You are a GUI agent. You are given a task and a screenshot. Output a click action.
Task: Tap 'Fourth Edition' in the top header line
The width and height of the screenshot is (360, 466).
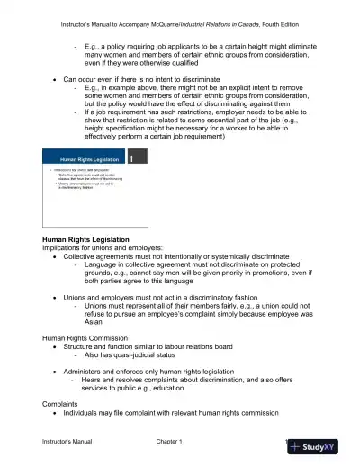coord(286,23)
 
